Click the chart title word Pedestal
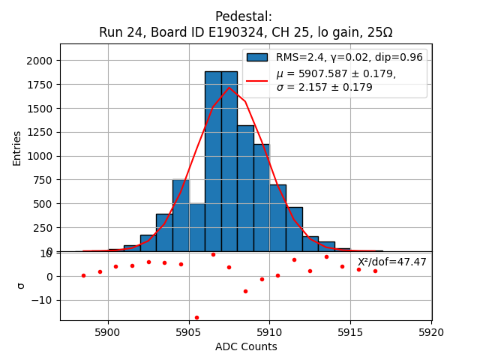pyautogui.click(x=243, y=16)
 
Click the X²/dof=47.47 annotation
pyautogui.click(x=391, y=262)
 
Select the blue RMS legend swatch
pyautogui.click(x=257, y=58)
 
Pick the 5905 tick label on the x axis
pyautogui.click(x=188, y=331)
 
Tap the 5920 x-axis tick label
pyautogui.click(x=431, y=331)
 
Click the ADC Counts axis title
pyautogui.click(x=246, y=346)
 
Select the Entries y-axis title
pyautogui.click(x=16, y=147)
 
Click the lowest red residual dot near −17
pyautogui.click(x=196, y=317)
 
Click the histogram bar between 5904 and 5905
pyautogui.click(x=181, y=216)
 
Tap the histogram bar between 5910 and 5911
pyautogui.click(x=277, y=218)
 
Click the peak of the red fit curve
pyautogui.click(x=229, y=88)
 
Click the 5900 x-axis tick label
pyautogui.click(x=108, y=331)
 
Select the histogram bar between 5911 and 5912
pyautogui.click(x=294, y=229)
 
